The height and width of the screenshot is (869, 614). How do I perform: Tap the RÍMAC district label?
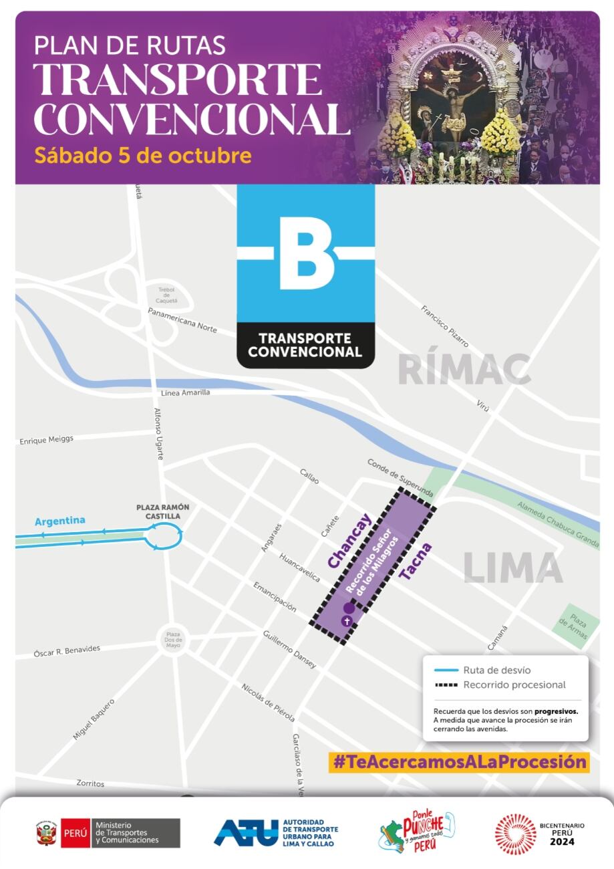click(x=464, y=370)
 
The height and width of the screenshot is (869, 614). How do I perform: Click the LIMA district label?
click(x=513, y=568)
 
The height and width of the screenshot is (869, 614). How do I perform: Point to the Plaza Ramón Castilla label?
click(x=163, y=511)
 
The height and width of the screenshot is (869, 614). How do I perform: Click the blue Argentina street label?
click(x=60, y=521)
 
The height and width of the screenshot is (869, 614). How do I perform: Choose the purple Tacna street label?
click(x=415, y=561)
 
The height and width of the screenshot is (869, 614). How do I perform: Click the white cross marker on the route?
click(x=346, y=621)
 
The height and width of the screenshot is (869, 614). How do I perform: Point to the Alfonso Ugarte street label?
click(x=158, y=433)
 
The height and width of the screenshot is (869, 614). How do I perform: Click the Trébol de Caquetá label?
click(x=166, y=295)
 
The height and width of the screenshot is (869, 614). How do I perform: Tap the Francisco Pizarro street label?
click(x=444, y=326)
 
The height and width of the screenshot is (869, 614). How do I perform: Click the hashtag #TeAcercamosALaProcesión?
click(x=459, y=761)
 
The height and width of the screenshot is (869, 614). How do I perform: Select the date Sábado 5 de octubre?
click(x=142, y=156)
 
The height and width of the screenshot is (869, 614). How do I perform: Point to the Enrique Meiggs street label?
click(x=46, y=440)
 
